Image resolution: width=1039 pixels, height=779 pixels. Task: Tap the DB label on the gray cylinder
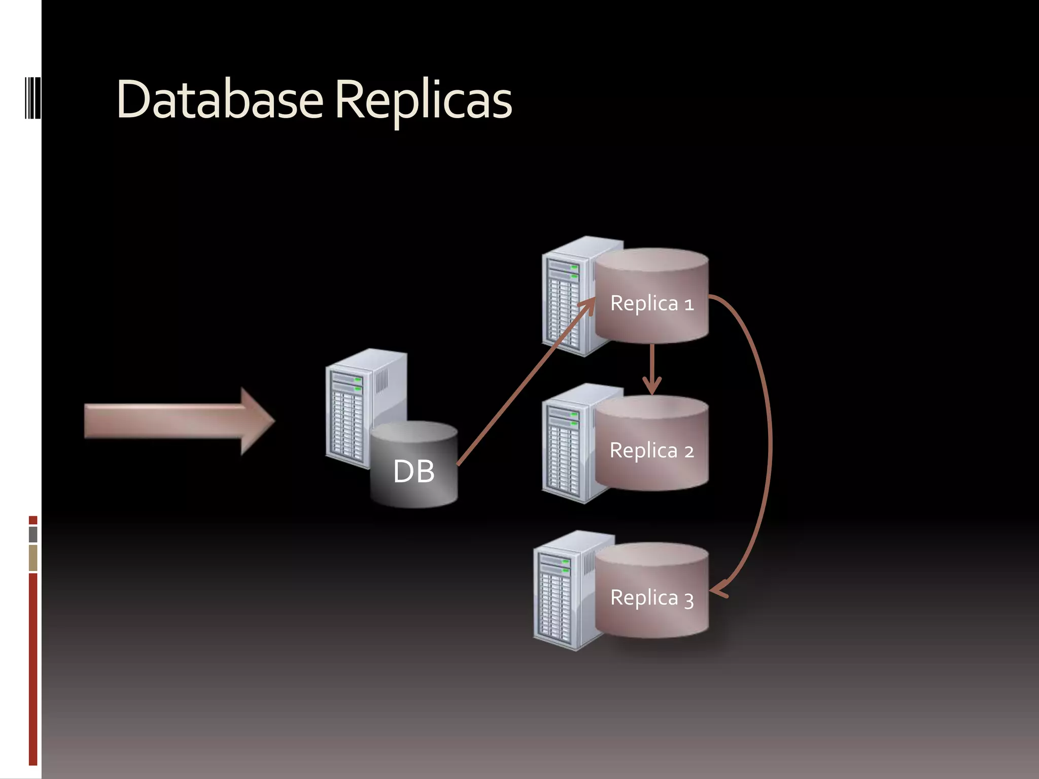413,472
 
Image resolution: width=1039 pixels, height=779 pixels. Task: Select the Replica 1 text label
651,303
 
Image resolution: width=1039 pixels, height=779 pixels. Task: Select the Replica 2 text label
651,450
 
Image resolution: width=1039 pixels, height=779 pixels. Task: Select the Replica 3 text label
651,598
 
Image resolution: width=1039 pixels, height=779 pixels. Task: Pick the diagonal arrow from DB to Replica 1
523,385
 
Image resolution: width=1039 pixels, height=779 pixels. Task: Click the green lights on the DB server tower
358,384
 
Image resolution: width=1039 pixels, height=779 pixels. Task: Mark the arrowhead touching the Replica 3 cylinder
718,591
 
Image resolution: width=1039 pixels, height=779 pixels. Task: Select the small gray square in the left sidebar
33,534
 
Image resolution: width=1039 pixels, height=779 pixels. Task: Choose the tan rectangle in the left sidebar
33,557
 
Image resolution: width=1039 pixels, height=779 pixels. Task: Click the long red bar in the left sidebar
33,669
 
